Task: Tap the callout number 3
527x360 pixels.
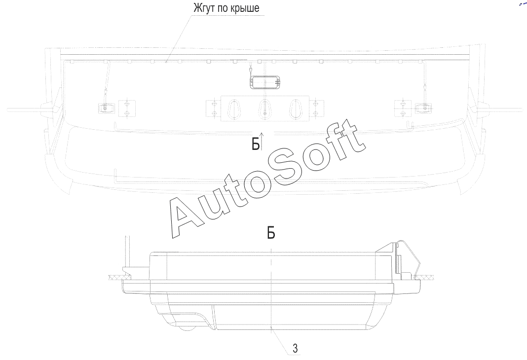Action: point(295,349)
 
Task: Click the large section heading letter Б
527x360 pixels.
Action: point(271,232)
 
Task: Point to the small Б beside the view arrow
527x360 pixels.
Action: point(256,144)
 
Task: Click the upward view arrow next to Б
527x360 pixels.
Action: point(262,141)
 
